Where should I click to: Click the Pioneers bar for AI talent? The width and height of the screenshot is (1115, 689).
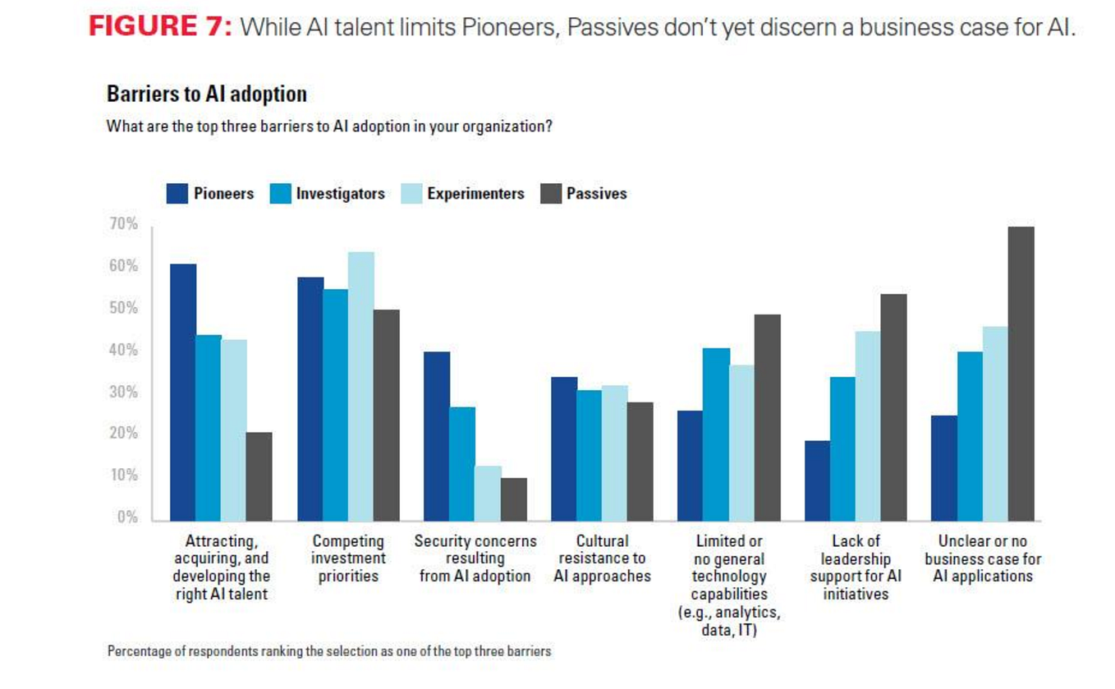(183, 393)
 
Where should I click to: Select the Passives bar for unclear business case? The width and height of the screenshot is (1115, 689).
(1021, 374)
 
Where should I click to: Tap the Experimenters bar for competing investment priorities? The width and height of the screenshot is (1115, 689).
(361, 386)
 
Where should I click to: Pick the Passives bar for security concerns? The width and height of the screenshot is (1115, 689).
(514, 499)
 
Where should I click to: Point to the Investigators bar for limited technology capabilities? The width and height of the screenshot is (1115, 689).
(716, 434)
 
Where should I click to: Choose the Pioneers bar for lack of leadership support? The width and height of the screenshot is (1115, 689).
(817, 481)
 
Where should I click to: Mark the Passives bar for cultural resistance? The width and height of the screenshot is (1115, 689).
(640, 462)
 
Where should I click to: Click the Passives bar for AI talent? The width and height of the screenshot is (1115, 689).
(259, 476)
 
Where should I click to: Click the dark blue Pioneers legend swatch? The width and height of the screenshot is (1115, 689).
(177, 193)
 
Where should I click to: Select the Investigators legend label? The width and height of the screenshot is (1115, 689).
(341, 193)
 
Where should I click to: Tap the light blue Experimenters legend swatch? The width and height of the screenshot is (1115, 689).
(411, 193)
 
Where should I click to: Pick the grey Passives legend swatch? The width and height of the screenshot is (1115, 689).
(551, 193)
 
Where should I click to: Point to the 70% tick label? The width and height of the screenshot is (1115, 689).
(123, 223)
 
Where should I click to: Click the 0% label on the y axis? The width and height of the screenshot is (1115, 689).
(127, 517)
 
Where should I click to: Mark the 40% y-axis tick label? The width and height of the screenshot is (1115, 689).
(123, 350)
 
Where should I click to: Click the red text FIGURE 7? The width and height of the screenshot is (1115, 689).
(160, 26)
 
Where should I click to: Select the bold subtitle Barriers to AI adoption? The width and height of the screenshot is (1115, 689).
(207, 94)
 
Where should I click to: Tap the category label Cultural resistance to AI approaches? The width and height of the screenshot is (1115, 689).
(603, 558)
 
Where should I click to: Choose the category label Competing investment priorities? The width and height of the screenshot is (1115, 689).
(348, 558)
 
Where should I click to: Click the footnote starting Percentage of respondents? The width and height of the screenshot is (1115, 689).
(329, 651)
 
